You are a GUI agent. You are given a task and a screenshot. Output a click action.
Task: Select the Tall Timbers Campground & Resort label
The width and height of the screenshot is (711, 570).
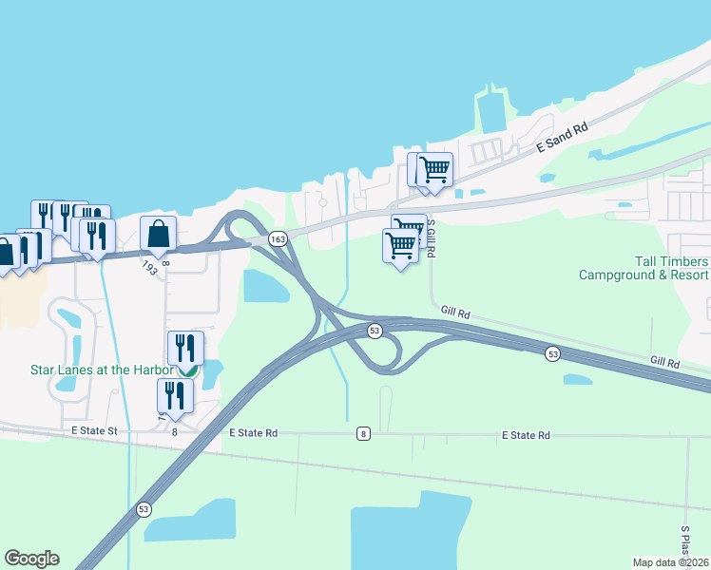coord(644,268)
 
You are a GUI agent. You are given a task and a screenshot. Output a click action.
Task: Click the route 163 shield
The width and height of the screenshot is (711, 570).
coord(278,240)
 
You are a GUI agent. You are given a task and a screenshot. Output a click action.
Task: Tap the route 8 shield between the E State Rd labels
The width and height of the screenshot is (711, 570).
coord(363,434)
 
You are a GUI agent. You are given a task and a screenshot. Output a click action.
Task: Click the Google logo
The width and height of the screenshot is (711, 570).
coord(31,559)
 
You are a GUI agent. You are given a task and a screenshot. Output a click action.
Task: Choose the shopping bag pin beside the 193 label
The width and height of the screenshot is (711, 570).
coord(159,233)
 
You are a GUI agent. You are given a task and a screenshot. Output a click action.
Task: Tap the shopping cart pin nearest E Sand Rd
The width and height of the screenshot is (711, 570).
coord(434,169)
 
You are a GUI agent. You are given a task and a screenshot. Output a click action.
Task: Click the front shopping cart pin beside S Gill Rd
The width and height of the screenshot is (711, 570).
coord(400,246)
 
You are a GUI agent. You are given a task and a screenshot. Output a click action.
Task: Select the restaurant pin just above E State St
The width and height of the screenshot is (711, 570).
coord(175,394)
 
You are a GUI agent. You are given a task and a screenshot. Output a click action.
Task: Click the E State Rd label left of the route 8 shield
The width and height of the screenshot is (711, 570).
coord(254,433)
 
